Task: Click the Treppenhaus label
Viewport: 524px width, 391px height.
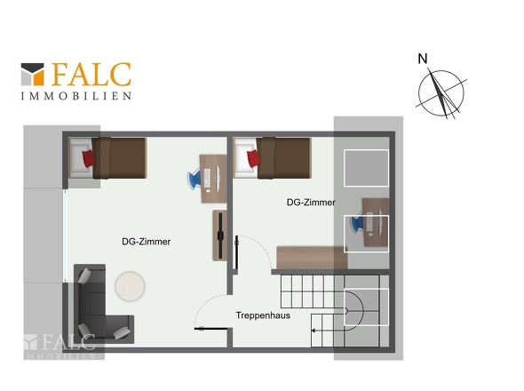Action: pyautogui.click(x=263, y=315)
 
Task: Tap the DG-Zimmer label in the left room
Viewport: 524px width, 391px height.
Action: pyautogui.click(x=146, y=242)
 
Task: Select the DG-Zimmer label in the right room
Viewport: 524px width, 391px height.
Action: pyautogui.click(x=311, y=203)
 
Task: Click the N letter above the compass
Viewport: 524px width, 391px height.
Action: pyautogui.click(x=423, y=59)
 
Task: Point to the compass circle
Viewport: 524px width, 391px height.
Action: pyautogui.click(x=418, y=93)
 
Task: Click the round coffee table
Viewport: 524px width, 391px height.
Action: pyautogui.click(x=130, y=286)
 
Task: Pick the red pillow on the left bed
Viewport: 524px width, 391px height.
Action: pyautogui.click(x=89, y=158)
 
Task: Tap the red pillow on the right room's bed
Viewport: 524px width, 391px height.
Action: pyautogui.click(x=253, y=158)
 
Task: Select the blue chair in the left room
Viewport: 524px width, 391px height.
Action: pyautogui.click(x=195, y=179)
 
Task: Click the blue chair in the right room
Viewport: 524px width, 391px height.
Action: pyautogui.click(x=356, y=223)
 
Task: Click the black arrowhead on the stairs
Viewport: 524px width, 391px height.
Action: pyautogui.click(x=314, y=331)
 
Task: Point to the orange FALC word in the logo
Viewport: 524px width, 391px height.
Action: pyautogui.click(x=91, y=75)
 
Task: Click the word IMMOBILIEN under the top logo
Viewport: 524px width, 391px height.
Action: pyautogui.click(x=75, y=96)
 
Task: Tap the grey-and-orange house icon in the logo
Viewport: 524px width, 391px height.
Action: pyautogui.click(x=32, y=75)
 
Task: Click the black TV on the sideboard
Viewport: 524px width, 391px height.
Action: pyautogui.click(x=220, y=235)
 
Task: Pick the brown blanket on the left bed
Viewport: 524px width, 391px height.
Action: pyautogui.click(x=120, y=158)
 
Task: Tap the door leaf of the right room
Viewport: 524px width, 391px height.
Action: pyautogui.click(x=236, y=252)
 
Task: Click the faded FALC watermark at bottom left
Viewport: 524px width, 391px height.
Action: pyautogui.click(x=60, y=347)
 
